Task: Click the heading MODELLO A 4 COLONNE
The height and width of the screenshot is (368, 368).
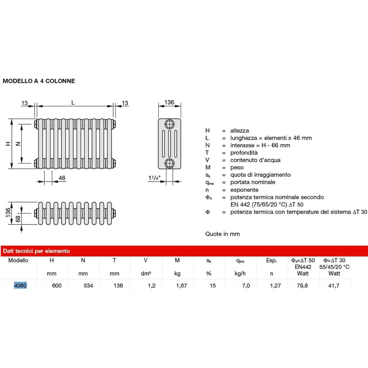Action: click(x=39, y=81)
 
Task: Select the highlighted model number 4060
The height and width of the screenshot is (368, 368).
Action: click(x=20, y=285)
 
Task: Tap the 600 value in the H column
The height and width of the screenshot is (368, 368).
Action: click(x=56, y=285)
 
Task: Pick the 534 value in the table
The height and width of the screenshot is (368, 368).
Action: click(x=88, y=285)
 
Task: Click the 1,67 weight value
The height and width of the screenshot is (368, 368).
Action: click(x=181, y=285)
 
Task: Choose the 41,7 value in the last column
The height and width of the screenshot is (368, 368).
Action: click(x=334, y=285)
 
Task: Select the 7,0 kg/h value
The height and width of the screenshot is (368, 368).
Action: click(x=245, y=285)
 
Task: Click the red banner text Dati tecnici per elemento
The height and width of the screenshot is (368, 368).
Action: click(x=37, y=251)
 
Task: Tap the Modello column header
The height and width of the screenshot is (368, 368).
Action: click(x=18, y=260)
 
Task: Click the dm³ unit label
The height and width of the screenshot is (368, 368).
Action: click(x=146, y=274)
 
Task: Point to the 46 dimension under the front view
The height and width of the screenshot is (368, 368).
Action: click(x=62, y=178)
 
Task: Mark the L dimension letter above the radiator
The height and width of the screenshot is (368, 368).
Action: click(x=73, y=103)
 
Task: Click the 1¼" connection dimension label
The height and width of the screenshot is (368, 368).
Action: click(x=155, y=178)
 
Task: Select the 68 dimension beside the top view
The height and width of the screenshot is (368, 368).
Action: click(x=18, y=219)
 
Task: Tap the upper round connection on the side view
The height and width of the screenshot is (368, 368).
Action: click(x=169, y=125)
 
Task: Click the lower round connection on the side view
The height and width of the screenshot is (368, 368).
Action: click(x=169, y=164)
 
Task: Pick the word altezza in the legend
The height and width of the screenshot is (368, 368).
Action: click(x=239, y=130)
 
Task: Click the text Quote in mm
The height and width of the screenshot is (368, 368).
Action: click(x=222, y=234)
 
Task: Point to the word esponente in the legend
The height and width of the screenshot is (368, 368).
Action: click(x=244, y=190)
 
